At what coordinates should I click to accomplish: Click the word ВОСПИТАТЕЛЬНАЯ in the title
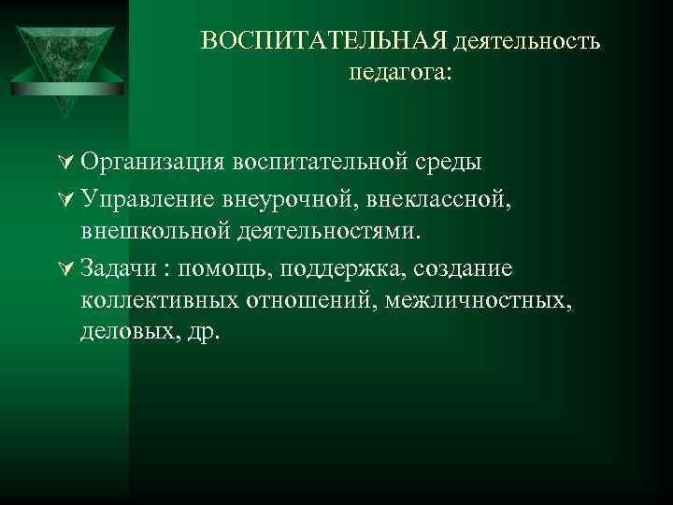tap(326, 42)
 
